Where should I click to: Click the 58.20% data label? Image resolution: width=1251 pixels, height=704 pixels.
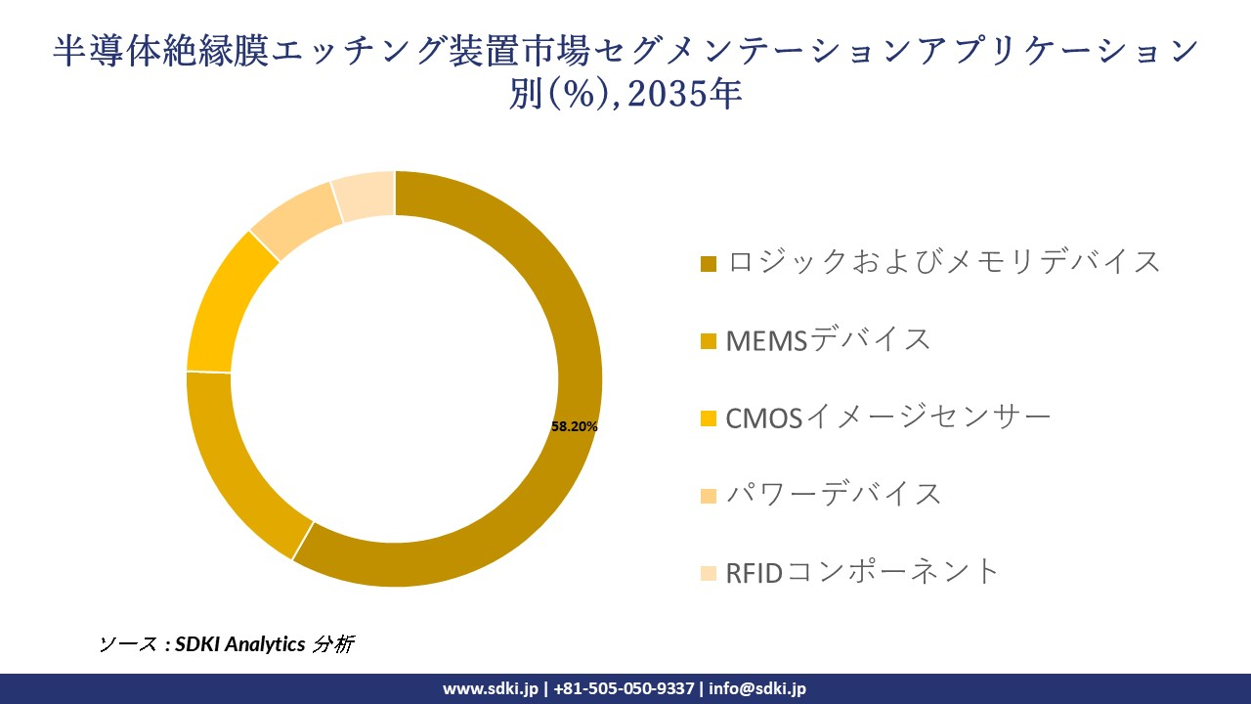point(575,426)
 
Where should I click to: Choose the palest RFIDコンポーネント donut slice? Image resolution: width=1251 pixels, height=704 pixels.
point(365,194)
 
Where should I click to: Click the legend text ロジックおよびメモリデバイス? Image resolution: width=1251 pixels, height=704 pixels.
point(943,262)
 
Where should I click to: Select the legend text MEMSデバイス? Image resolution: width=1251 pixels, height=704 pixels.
point(828,339)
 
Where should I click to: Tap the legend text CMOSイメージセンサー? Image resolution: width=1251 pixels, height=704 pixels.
point(887,418)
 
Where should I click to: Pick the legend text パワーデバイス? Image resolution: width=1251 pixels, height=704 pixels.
point(833,494)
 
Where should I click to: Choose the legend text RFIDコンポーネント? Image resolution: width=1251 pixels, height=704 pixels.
point(863,571)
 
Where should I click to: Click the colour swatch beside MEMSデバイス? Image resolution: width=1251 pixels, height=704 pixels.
point(709,341)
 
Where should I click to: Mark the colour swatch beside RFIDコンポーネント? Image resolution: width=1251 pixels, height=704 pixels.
point(709,573)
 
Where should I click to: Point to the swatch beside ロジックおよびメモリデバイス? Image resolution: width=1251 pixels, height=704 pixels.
point(709,264)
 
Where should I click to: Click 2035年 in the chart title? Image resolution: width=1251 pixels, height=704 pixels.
point(693,93)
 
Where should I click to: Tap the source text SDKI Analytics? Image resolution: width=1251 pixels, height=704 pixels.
point(240,644)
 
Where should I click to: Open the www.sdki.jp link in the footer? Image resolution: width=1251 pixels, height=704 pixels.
point(491,688)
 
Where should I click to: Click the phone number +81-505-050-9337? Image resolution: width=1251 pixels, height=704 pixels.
point(625,688)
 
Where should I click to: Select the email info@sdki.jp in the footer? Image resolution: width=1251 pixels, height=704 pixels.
point(757,688)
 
